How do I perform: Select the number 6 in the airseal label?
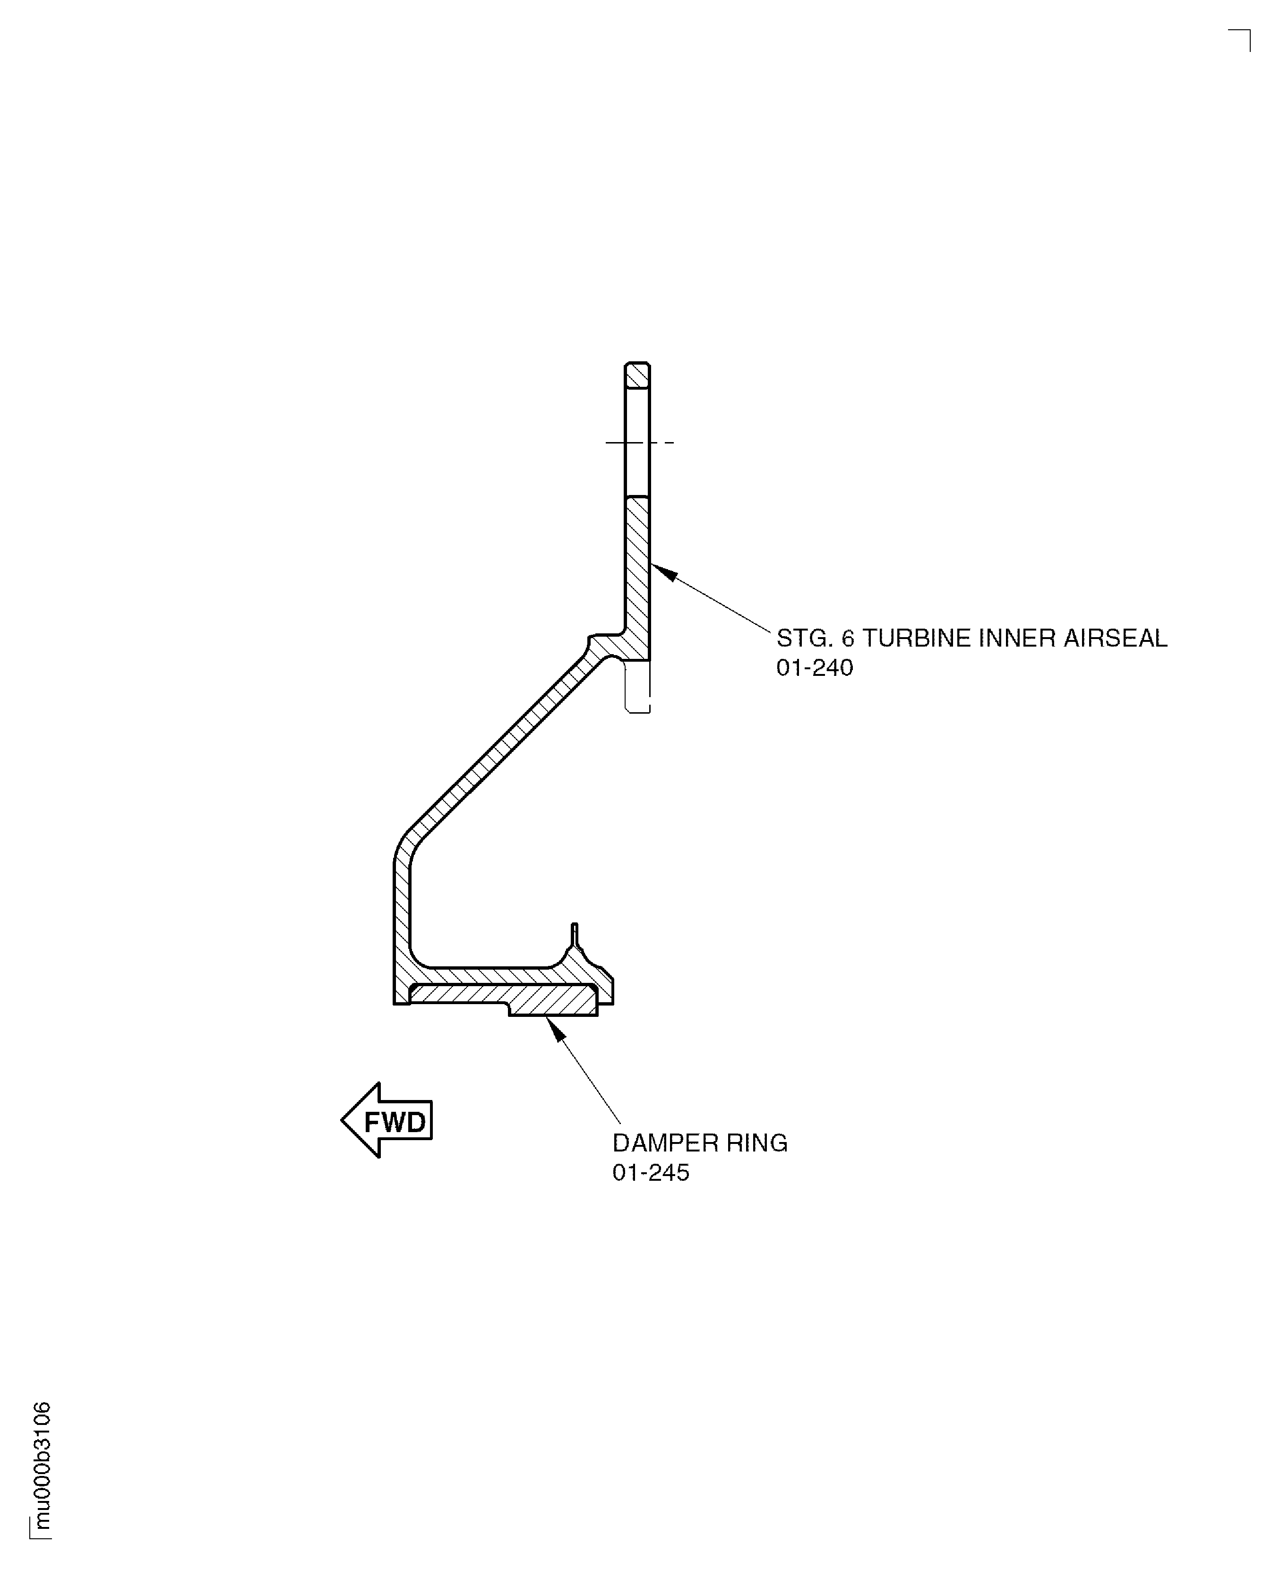point(848,638)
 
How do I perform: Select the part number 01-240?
point(814,668)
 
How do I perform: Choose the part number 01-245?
point(650,1173)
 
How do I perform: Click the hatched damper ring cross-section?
point(553,1001)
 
